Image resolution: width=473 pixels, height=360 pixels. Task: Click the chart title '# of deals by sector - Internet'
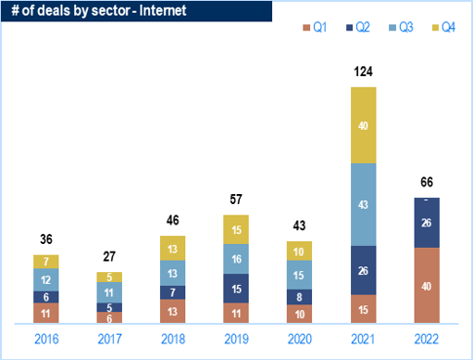tap(99, 11)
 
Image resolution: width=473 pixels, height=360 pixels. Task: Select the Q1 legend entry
tap(315, 27)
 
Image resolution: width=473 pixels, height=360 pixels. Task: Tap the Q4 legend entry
tap(444, 27)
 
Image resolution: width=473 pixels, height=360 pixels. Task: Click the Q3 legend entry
tap(401, 27)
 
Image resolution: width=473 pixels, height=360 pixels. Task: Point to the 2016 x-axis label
tap(47, 340)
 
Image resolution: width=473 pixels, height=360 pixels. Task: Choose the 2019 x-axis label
tap(236, 340)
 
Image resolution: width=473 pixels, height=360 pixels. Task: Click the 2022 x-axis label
tap(426, 340)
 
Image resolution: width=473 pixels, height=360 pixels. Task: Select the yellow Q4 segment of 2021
tap(364, 125)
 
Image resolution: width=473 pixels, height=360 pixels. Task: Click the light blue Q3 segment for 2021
tap(364, 205)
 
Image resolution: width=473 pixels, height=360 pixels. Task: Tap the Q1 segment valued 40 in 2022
tap(427, 285)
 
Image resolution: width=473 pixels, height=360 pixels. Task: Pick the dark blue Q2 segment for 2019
tap(236, 289)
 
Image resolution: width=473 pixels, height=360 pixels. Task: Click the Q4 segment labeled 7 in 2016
tap(46, 261)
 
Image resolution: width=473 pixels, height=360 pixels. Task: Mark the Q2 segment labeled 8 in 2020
tap(299, 297)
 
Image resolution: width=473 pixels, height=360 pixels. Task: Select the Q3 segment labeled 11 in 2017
tap(109, 293)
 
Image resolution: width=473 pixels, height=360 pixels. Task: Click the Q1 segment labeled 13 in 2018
tap(173, 311)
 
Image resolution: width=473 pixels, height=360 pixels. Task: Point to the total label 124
tap(364, 71)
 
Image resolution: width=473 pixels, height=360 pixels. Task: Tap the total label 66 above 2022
tap(427, 182)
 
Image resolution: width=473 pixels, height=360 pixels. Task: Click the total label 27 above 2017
tap(109, 257)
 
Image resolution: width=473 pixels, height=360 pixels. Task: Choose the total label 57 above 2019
tap(236, 199)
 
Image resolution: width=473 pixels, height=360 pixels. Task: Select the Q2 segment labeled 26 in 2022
tap(427, 222)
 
